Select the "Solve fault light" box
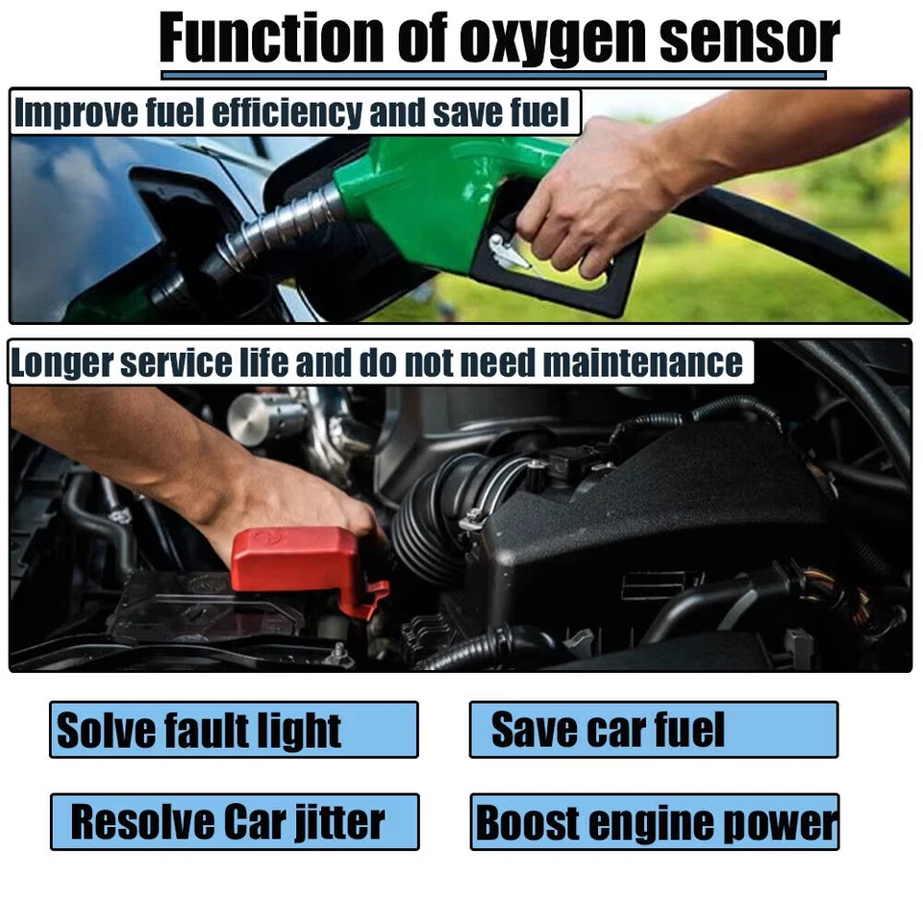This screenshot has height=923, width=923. tap(234, 730)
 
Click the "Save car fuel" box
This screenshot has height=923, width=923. tap(654, 730)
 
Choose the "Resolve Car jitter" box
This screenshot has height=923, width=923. tap(234, 822)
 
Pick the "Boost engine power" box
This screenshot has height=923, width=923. tap(654, 822)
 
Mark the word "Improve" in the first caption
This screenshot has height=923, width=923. tap(59, 113)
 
